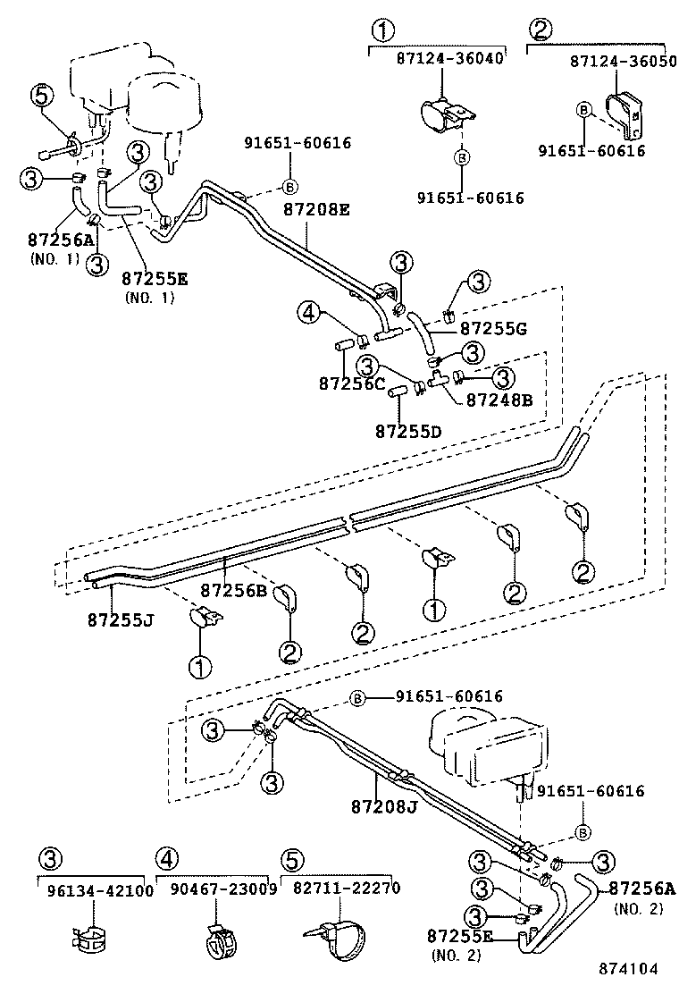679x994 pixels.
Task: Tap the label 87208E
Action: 316,210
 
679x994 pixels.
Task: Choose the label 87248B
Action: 499,400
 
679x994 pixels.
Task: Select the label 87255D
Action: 407,431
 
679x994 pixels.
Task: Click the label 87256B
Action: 233,590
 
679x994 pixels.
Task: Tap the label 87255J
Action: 121,618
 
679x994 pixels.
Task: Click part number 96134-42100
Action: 95,889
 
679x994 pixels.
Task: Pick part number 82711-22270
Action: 340,889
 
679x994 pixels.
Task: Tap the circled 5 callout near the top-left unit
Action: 42,95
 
